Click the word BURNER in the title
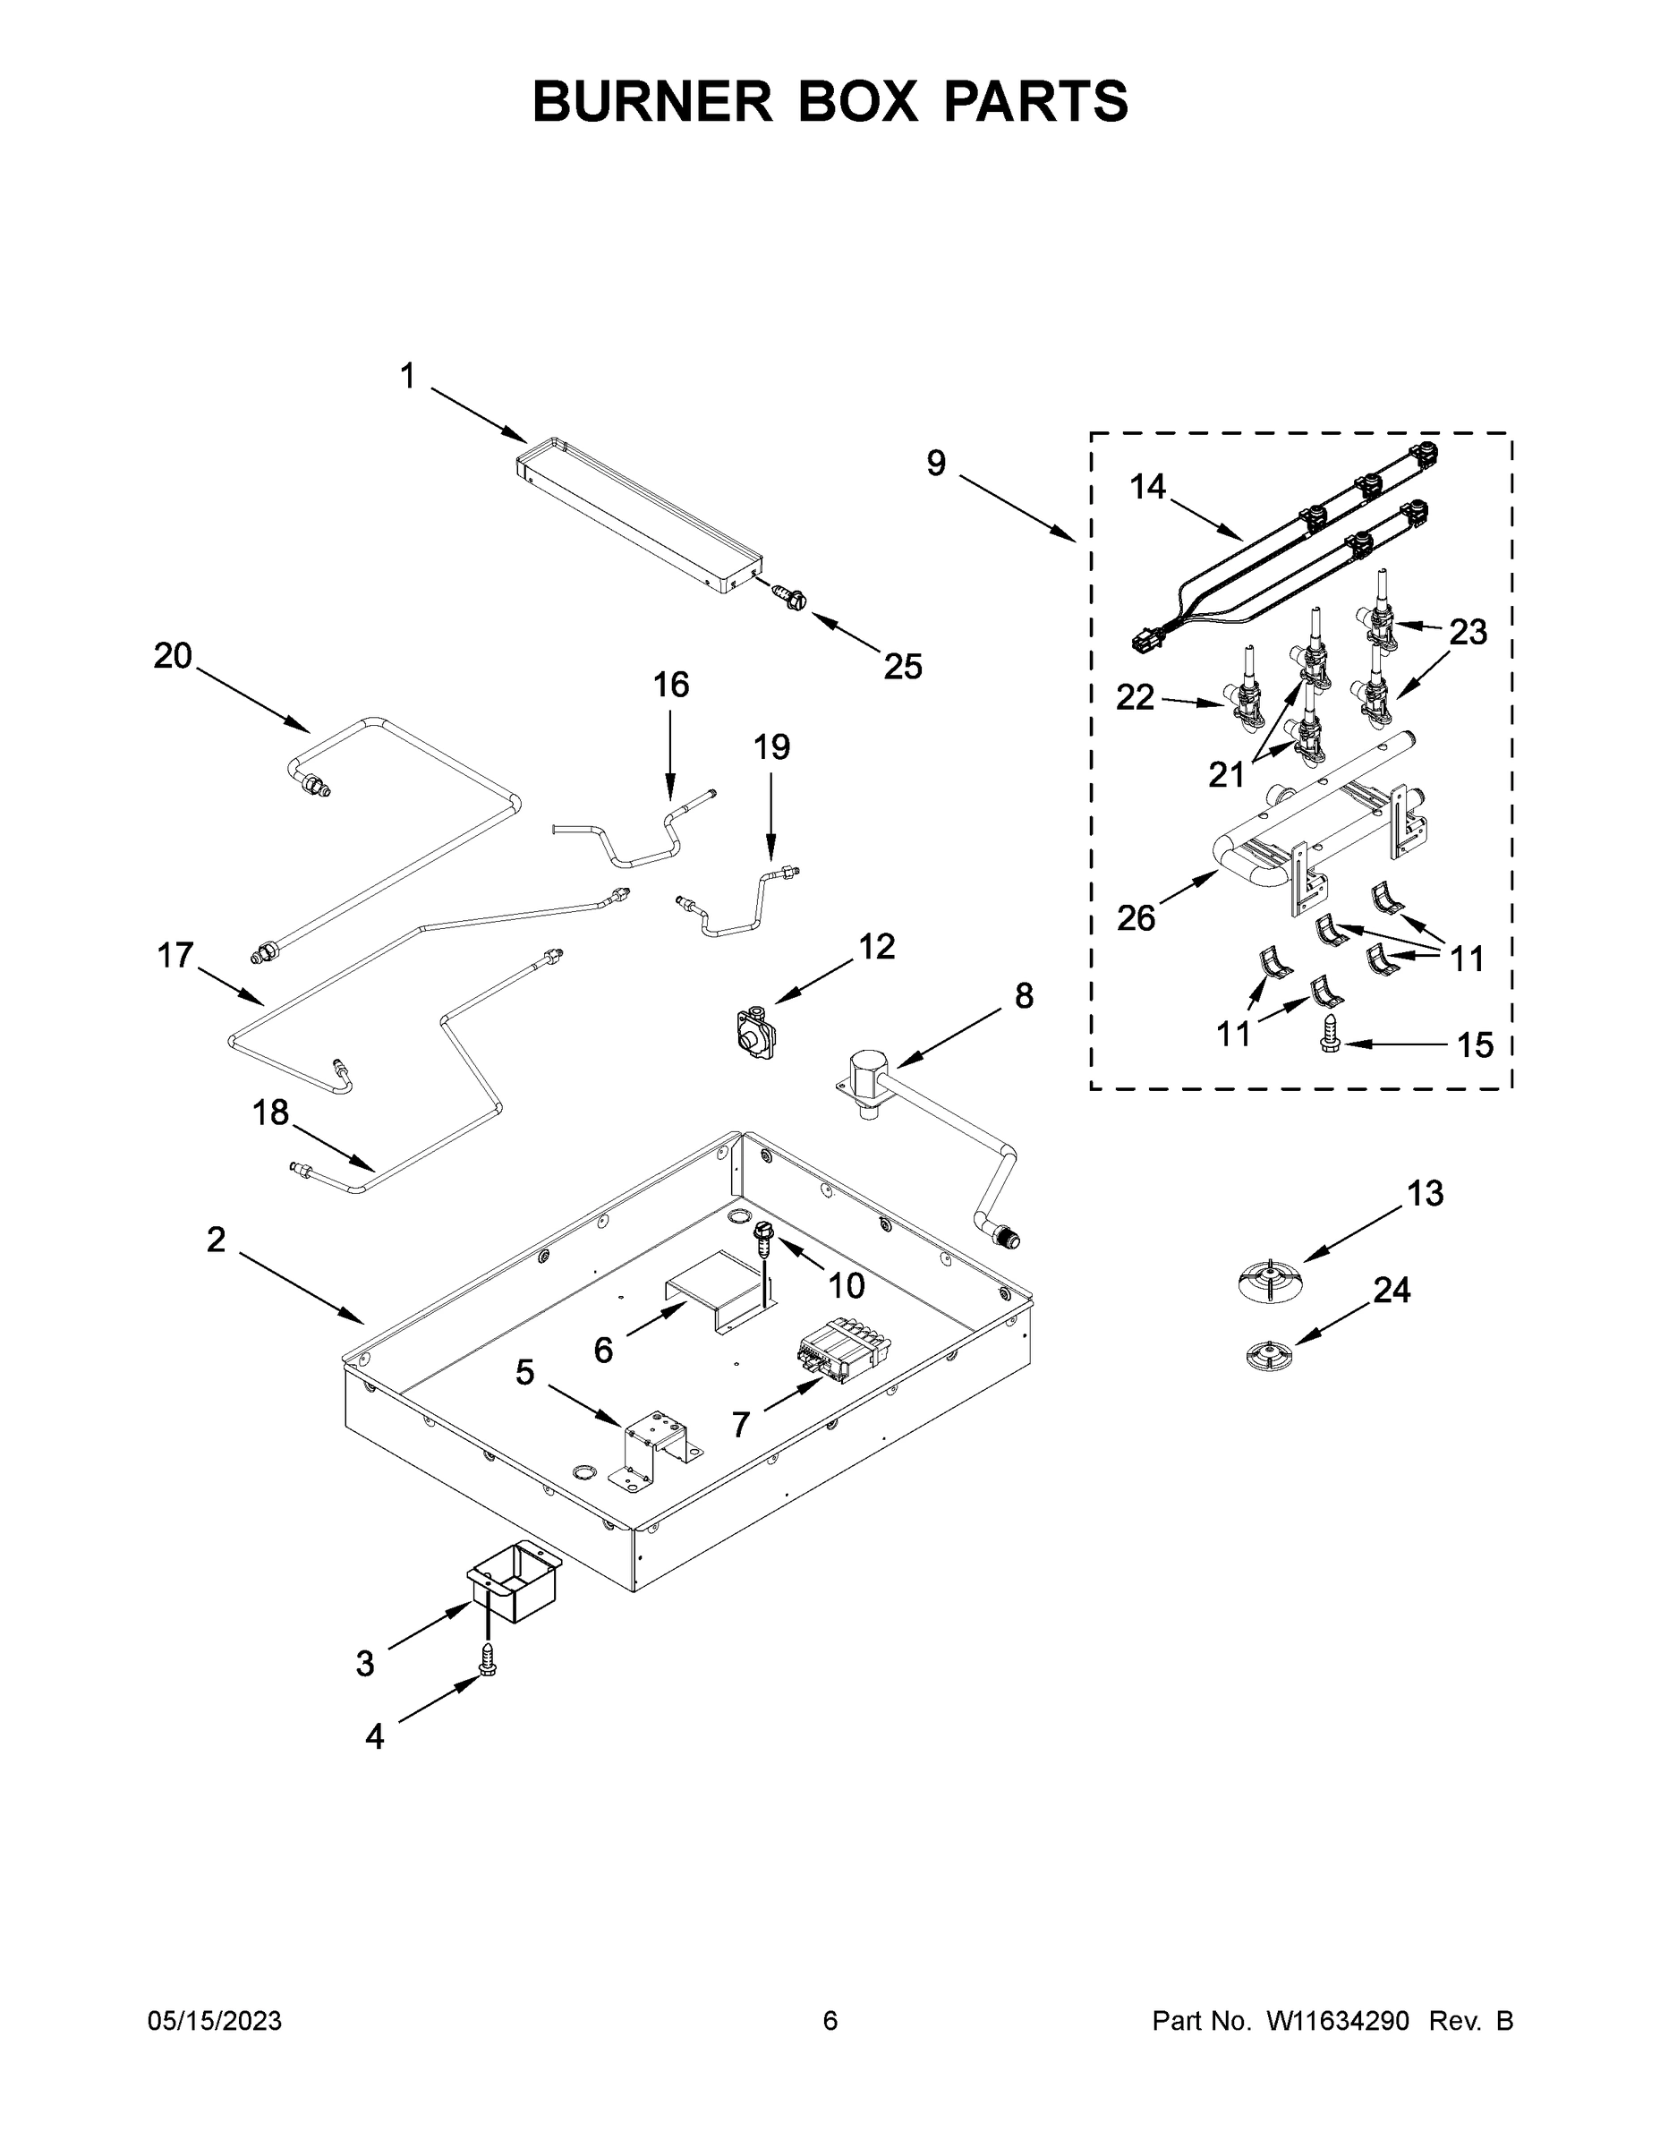pyautogui.click(x=653, y=102)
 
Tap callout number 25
pyautogui.click(x=902, y=667)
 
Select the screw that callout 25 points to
pyautogui.click(x=787, y=596)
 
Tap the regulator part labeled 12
pyautogui.click(x=756, y=1033)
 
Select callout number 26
pyautogui.click(x=1136, y=918)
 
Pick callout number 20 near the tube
pyautogui.click(x=172, y=656)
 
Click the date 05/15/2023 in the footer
pyautogui.click(x=215, y=2021)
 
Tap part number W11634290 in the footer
pyautogui.click(x=1338, y=2021)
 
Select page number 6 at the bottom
pyautogui.click(x=830, y=2021)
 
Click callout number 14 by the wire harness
pyautogui.click(x=1146, y=486)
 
